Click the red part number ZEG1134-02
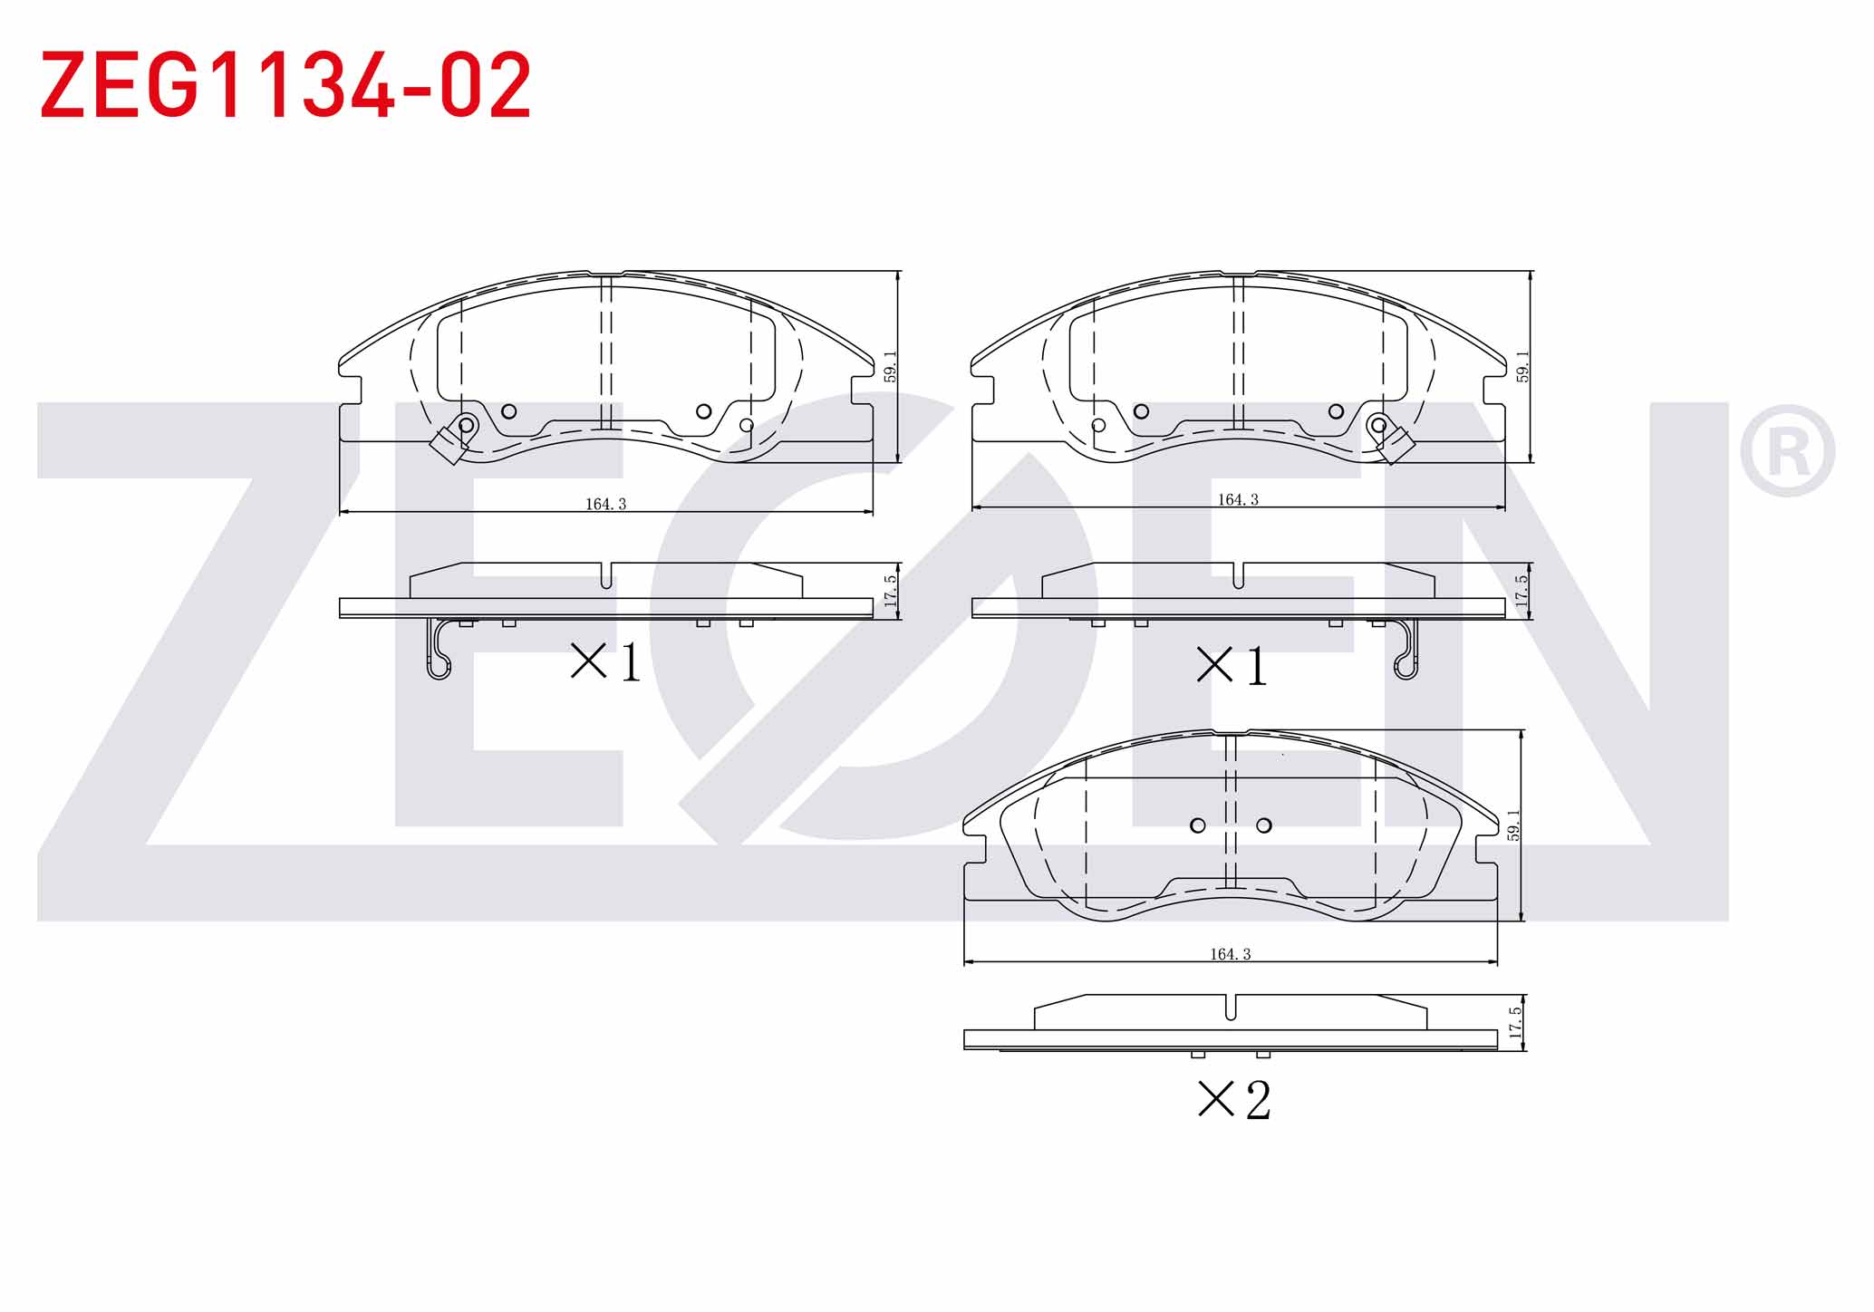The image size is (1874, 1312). [x=285, y=85]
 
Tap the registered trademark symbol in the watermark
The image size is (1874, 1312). [x=1786, y=451]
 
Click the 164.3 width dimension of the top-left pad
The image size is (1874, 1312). [x=605, y=504]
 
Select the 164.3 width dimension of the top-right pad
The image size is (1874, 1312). [x=1238, y=499]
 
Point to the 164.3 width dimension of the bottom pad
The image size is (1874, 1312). [x=1230, y=954]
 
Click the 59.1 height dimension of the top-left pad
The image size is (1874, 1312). [x=890, y=367]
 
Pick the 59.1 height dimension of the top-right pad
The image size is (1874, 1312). [x=1522, y=367]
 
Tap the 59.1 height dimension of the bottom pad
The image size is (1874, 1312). [x=1513, y=825]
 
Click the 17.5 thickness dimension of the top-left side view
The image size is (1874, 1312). [x=890, y=591]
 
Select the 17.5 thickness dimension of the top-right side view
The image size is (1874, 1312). [x=1522, y=591]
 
